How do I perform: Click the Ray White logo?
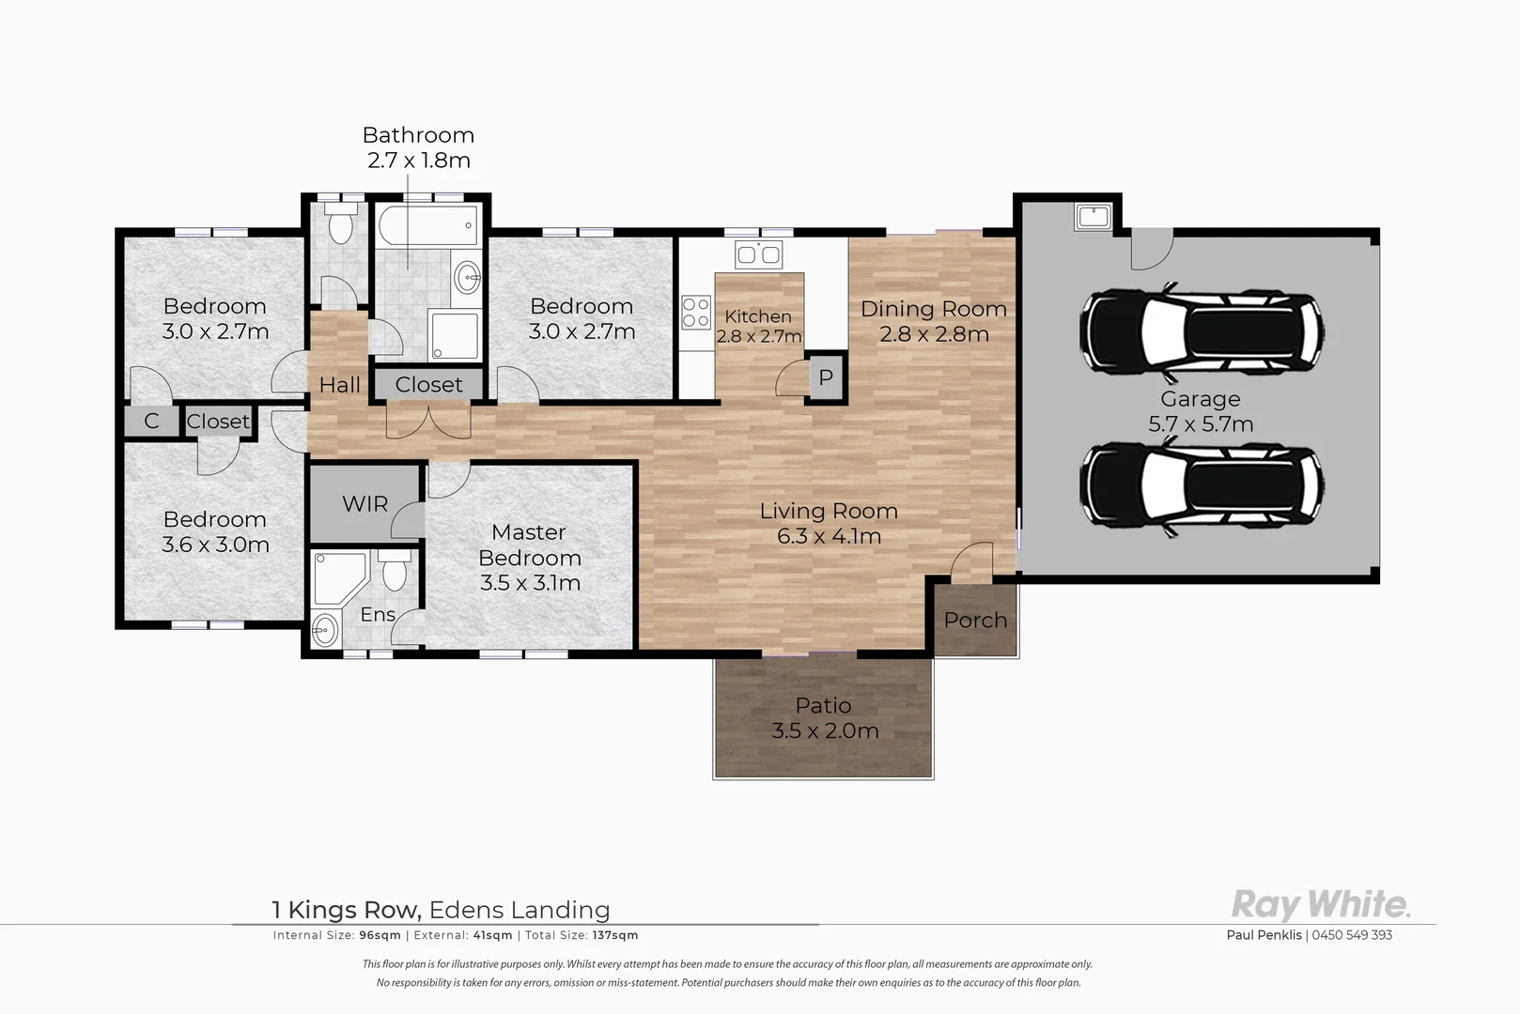1321,905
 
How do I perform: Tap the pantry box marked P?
826,377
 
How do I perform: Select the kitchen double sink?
759,255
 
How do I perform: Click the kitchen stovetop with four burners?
696,313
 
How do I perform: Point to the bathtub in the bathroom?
427,225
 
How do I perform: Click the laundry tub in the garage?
1093,217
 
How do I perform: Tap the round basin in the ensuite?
325,631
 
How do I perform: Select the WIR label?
365,504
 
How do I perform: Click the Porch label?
975,620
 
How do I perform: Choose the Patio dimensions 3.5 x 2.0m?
825,730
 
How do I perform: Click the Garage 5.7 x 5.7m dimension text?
1201,424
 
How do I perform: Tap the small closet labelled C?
151,422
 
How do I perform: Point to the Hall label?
339,385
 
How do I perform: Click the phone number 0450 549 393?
1352,935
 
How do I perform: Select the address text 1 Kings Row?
347,910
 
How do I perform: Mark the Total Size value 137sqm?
615,935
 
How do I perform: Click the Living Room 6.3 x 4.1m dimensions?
830,536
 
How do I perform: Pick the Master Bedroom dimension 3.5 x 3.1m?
530,583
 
